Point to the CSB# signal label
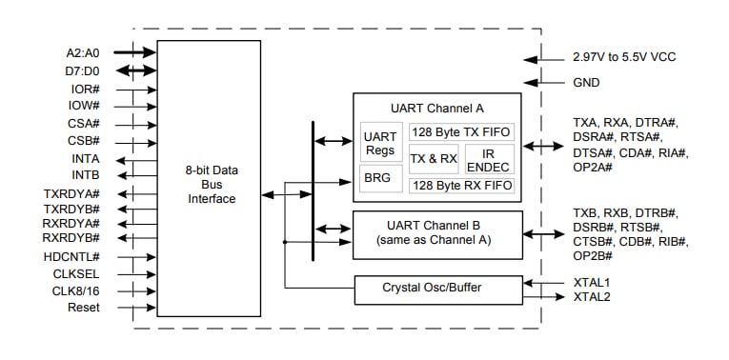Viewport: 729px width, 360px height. tap(84, 141)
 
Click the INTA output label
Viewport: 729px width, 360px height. tap(85, 159)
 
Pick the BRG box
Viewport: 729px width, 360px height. tap(380, 178)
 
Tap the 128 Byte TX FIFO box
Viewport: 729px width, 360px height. tap(462, 132)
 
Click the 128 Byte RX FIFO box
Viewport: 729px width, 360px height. tap(462, 186)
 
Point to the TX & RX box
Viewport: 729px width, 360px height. tap(434, 159)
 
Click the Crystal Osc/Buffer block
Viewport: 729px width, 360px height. tap(438, 288)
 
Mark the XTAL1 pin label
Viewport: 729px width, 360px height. tap(592, 282)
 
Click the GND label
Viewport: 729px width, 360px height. tap(587, 83)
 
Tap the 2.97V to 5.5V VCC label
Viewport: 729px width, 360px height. tap(624, 57)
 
